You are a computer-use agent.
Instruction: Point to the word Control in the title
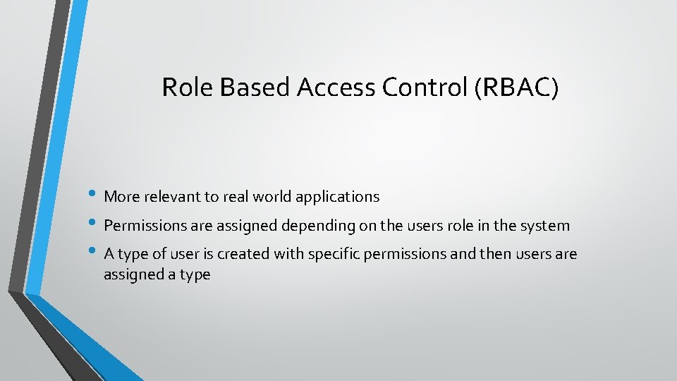427,87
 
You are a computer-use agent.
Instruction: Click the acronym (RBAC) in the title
516,87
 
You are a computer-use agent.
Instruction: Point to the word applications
338,198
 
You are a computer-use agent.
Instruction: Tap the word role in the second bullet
461,226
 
